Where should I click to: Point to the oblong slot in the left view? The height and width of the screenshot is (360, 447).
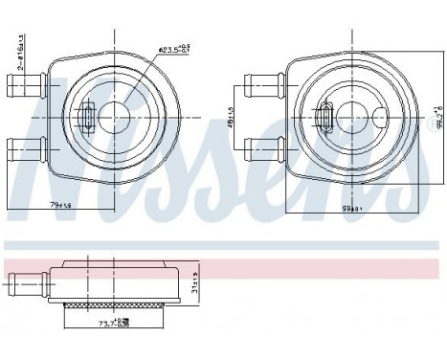coord(86,119)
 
